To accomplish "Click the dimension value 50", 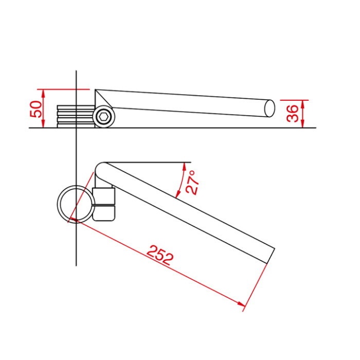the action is click(x=37, y=109).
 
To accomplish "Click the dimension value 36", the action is click(x=293, y=114).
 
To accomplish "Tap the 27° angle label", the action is click(x=192, y=182).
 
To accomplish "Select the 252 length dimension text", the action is click(x=160, y=255).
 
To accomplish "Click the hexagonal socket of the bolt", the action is click(x=104, y=117).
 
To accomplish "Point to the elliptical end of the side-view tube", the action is click(x=269, y=108).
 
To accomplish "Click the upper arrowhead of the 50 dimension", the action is click(x=43, y=93).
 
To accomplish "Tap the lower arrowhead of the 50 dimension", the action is click(x=43, y=123).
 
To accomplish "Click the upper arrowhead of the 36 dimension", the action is click(x=303, y=104).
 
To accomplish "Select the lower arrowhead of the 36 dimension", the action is click(x=303, y=123).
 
